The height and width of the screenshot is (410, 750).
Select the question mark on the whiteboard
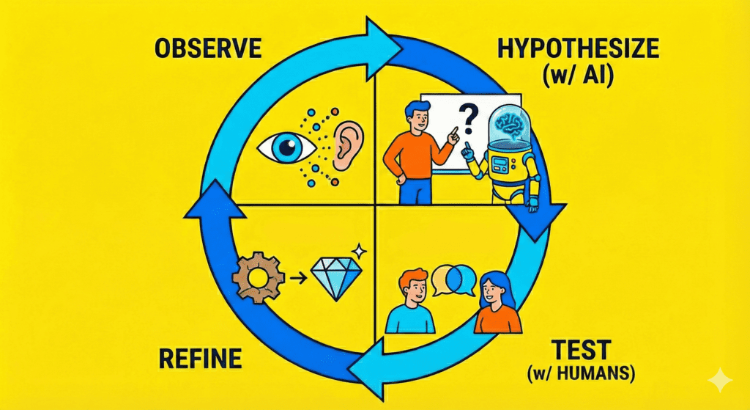pos(465,117)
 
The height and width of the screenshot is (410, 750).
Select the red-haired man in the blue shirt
pos(412,301)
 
